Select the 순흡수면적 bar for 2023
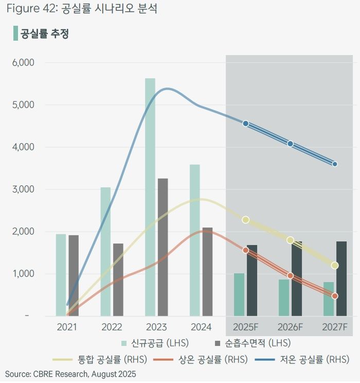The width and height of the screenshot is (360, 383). pyautogui.click(x=163, y=247)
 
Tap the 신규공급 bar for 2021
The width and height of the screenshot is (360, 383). pyautogui.click(x=61, y=275)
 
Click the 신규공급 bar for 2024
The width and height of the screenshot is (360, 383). pyautogui.click(x=194, y=240)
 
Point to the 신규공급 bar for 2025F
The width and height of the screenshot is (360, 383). pyautogui.click(x=239, y=294)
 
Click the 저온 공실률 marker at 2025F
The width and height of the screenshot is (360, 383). pyautogui.click(x=246, y=124)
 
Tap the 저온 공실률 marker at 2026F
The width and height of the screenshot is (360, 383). pyautogui.click(x=290, y=144)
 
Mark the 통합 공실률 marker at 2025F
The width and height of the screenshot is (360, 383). pyautogui.click(x=246, y=220)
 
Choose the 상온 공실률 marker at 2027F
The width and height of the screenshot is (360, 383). pyautogui.click(x=335, y=296)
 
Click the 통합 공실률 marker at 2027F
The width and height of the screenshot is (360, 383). pyautogui.click(x=335, y=266)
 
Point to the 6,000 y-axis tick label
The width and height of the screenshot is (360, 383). pyautogui.click(x=23, y=63)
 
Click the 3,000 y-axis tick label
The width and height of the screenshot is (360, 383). pyautogui.click(x=23, y=189)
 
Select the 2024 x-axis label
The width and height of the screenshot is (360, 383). pyautogui.click(x=201, y=327)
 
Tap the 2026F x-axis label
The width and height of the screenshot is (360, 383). pyautogui.click(x=290, y=327)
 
